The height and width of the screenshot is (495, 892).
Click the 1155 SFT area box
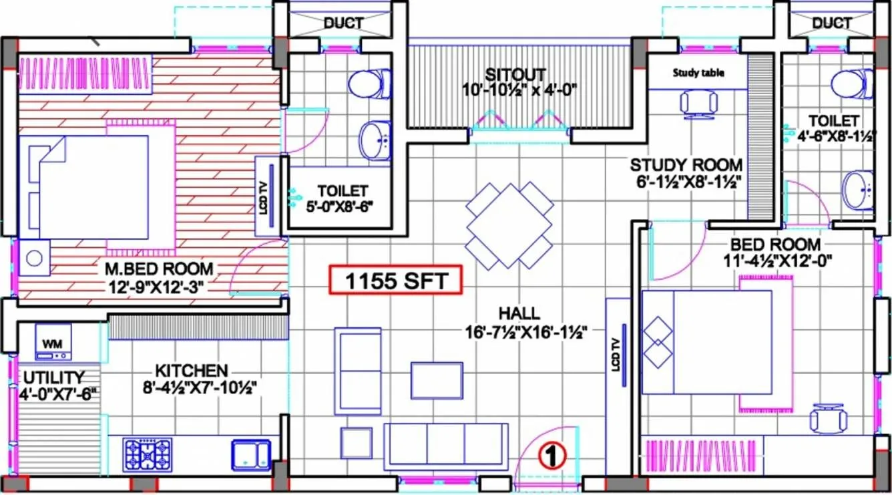click(396, 281)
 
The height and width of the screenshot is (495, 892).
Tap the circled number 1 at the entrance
click(551, 456)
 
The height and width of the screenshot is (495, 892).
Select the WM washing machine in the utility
click(53, 342)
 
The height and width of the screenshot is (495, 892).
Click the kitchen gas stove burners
click(148, 455)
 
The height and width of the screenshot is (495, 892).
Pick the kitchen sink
click(251, 455)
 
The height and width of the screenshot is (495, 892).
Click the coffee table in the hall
click(437, 380)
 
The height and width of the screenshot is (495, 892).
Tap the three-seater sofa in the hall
click(445, 446)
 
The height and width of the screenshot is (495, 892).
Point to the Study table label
click(698, 72)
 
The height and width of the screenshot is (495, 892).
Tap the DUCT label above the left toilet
click(343, 23)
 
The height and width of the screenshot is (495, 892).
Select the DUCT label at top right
click(832, 23)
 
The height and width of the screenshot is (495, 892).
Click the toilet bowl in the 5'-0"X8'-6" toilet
click(367, 84)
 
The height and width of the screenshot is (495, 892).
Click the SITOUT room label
click(515, 74)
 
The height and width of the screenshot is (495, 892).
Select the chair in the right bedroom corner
click(828, 419)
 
